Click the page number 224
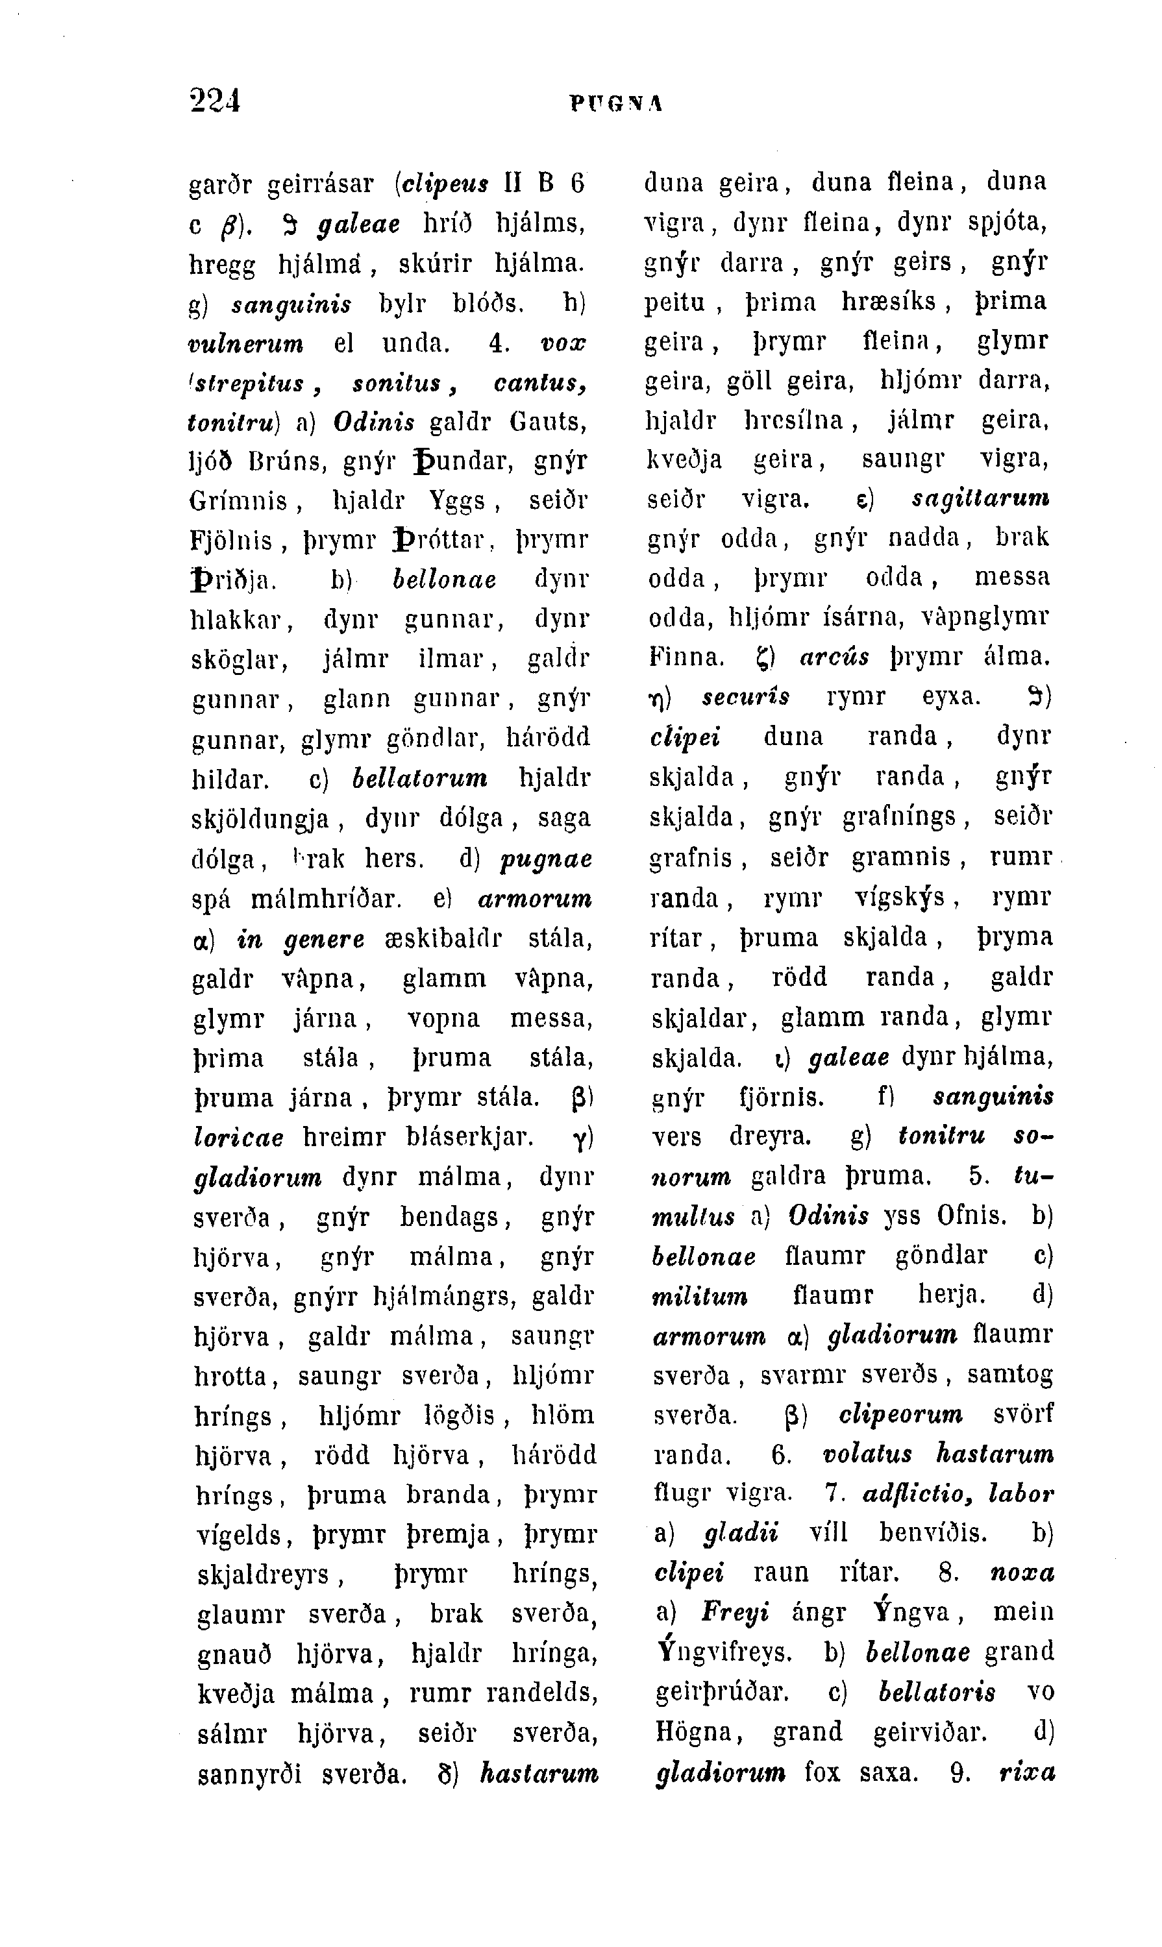click(214, 101)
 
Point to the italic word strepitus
click(251, 384)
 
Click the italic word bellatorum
click(421, 778)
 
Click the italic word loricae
click(238, 1138)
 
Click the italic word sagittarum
click(981, 498)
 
